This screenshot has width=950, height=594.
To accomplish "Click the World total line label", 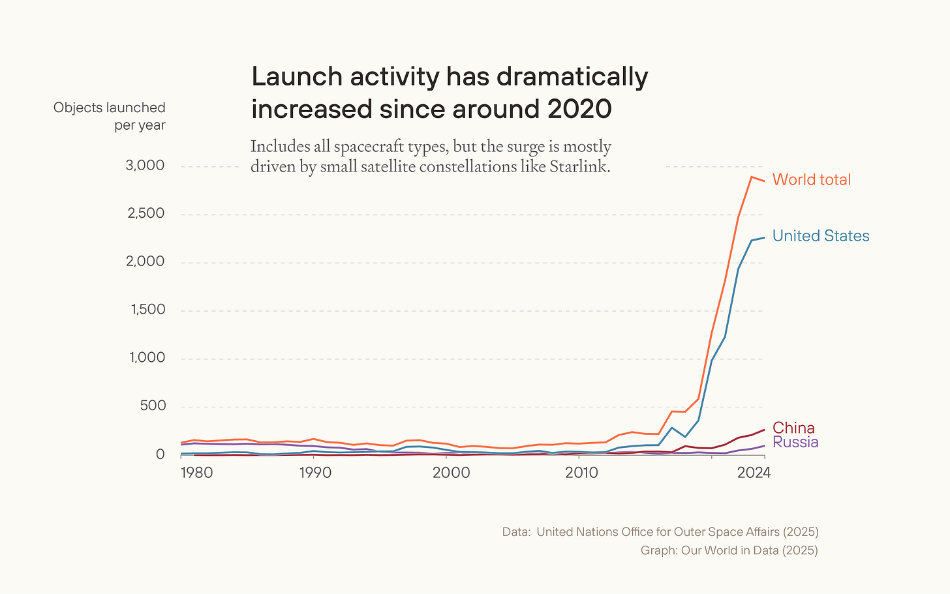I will [x=811, y=180].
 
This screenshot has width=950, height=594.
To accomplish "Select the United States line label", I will [x=820, y=236].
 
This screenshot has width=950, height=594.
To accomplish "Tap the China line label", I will [x=793, y=428].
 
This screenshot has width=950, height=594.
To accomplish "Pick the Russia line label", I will [x=795, y=442].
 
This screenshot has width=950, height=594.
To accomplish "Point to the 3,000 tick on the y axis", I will [x=145, y=166].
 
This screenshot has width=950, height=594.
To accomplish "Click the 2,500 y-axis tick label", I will [x=145, y=214].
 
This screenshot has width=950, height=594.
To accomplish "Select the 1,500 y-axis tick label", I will [x=147, y=310].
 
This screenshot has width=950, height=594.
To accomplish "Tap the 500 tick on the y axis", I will [x=153, y=406].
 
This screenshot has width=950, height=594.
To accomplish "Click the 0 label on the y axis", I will [x=160, y=454].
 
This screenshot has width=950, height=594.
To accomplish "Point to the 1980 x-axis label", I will [x=196, y=473].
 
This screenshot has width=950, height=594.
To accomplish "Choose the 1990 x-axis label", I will [x=316, y=473].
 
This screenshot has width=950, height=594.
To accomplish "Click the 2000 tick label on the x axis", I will [x=451, y=473].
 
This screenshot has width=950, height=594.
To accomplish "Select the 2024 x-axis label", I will [x=754, y=473].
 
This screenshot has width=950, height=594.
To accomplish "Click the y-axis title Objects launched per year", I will [x=110, y=116].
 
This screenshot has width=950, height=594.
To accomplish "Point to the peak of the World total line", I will [x=752, y=177].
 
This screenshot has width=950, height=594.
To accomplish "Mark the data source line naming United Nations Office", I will [x=660, y=532].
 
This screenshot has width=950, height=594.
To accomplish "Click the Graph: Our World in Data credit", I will [x=729, y=550].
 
